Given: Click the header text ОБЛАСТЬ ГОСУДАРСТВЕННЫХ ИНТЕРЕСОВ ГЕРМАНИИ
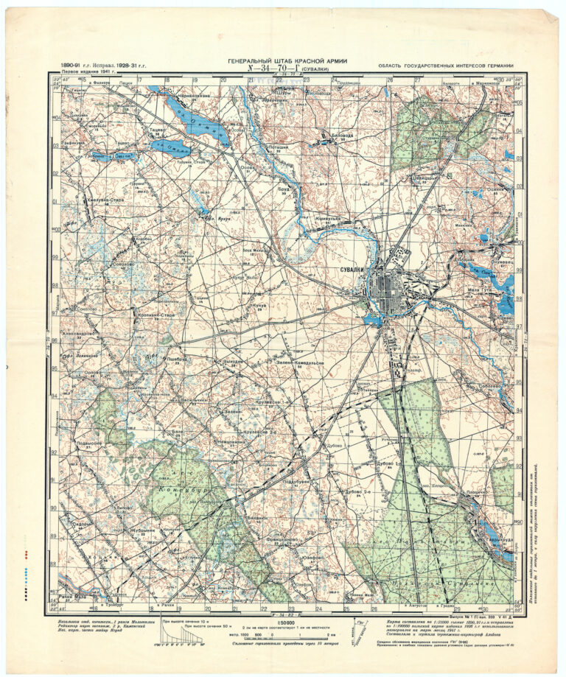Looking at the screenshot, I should [x=444, y=66].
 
